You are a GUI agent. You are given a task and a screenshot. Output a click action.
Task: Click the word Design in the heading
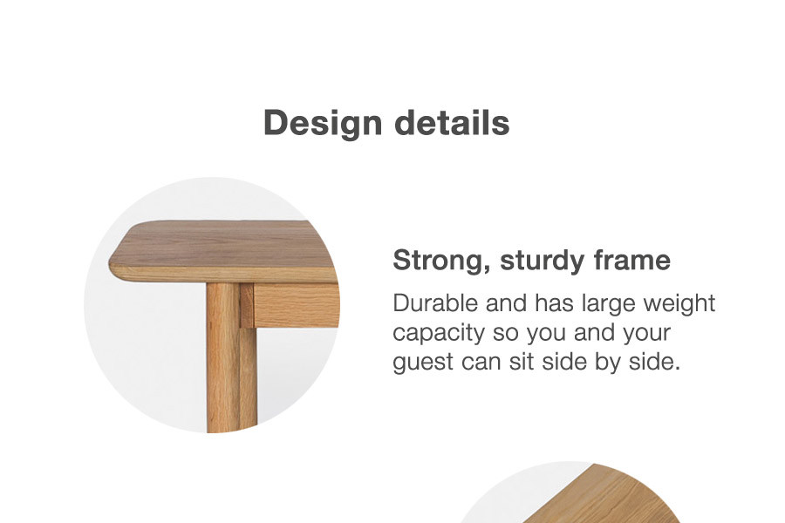[323, 123]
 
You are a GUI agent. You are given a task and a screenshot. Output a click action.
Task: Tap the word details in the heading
[452, 122]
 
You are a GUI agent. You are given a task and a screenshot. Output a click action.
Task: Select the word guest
[422, 363]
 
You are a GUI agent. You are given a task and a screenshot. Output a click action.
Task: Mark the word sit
[522, 362]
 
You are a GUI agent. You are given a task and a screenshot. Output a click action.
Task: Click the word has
[554, 303]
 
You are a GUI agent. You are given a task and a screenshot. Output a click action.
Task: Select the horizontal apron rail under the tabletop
[297, 305]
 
